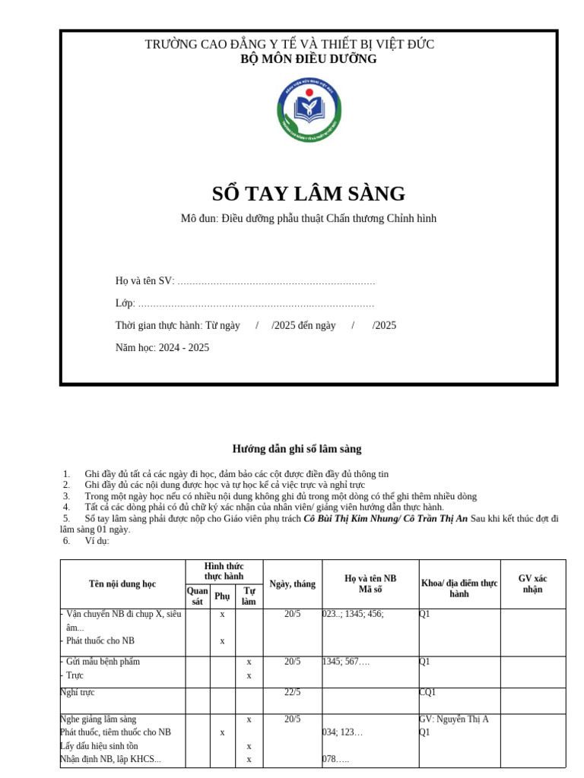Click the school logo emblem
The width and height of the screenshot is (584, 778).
[309, 110]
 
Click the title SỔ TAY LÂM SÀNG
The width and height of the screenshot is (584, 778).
[308, 194]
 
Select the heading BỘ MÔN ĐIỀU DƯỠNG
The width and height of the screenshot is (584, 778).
[308, 59]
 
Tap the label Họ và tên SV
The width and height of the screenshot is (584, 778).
[144, 281]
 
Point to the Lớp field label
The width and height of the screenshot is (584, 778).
[125, 303]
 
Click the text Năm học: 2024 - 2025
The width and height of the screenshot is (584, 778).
[162, 348]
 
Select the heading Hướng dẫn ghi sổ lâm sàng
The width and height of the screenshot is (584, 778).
[297, 449]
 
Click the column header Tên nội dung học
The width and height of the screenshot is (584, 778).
[122, 583]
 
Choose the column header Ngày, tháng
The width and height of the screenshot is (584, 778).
[292, 583]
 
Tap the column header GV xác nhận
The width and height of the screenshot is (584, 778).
[532, 583]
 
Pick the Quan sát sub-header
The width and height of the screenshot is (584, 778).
[197, 596]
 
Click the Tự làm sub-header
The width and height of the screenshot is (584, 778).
[249, 596]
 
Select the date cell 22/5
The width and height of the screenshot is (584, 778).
[292, 692]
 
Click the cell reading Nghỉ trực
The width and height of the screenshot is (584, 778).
[78, 692]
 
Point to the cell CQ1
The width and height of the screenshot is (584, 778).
[427, 692]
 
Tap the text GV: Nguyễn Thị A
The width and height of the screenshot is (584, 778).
[453, 719]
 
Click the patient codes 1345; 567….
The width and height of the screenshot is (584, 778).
[346, 662]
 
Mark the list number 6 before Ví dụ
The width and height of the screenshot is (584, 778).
[66, 541]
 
